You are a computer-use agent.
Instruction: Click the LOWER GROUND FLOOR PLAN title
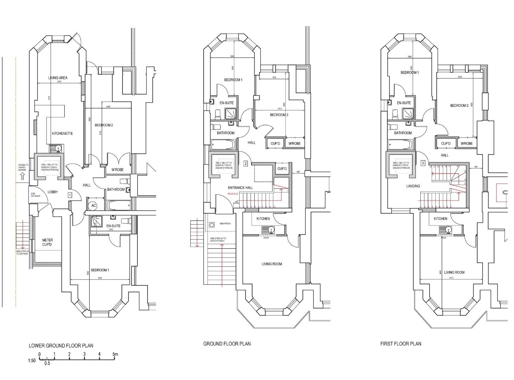pyautogui.click(x=61, y=346)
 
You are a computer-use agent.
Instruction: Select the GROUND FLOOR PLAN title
pyautogui.click(x=227, y=343)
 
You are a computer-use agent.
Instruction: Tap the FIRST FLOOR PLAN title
pyautogui.click(x=400, y=343)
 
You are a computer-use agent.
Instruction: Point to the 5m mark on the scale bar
pyautogui.click(x=115, y=354)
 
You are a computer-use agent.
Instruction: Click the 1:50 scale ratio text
pyautogui.click(x=32, y=360)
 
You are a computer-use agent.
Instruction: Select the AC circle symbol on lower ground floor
pyautogui.click(x=94, y=205)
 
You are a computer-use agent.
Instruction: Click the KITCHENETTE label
pyautogui.click(x=62, y=133)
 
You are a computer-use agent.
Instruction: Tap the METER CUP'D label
pyautogui.click(x=47, y=242)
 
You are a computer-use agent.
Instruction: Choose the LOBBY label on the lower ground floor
pyautogui.click(x=53, y=192)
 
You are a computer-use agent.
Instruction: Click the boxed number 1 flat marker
pyautogui.click(x=70, y=195)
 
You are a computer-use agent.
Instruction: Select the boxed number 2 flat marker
pyautogui.click(x=246, y=163)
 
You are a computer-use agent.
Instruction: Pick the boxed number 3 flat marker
pyautogui.click(x=423, y=163)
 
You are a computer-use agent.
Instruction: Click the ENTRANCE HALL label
pyautogui.click(x=240, y=188)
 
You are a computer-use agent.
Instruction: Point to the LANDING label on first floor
pyautogui.click(x=413, y=186)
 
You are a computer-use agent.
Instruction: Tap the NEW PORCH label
pyautogui.click(x=225, y=223)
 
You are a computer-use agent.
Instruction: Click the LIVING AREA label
pyautogui.click(x=58, y=78)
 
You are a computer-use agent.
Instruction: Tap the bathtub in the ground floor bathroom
pyautogui.click(x=223, y=145)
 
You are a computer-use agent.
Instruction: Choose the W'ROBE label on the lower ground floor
pyautogui.click(x=118, y=170)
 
